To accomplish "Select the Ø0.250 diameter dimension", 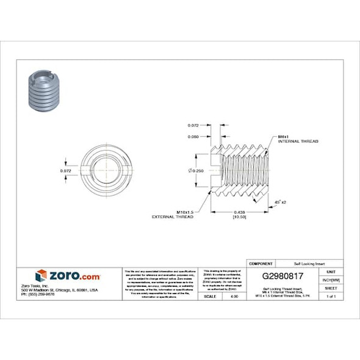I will tap(195, 170).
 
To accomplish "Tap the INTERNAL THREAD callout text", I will tap(298, 141).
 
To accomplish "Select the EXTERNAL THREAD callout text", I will tap(173, 217).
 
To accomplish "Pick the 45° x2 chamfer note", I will tap(281, 201).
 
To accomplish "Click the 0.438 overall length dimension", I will tap(239, 212).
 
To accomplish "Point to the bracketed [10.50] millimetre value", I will tap(239, 217).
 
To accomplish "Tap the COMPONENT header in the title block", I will tap(261, 263).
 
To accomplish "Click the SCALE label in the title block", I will tap(209, 296).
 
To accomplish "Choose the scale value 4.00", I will tap(233, 296).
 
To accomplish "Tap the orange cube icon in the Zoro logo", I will tap(41, 275).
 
